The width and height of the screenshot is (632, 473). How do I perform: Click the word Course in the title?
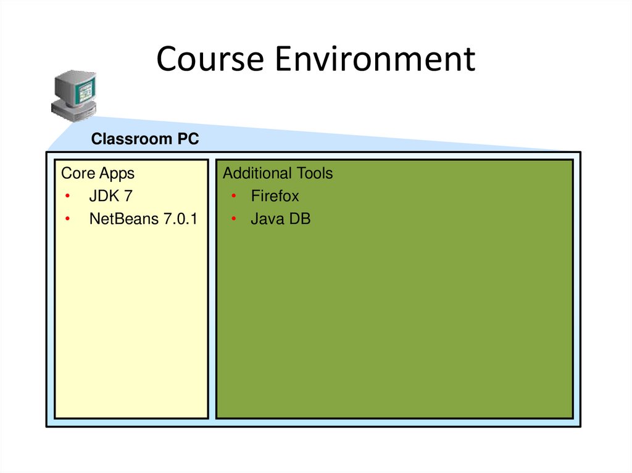coord(209,60)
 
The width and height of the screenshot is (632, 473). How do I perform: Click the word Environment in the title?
coord(375,60)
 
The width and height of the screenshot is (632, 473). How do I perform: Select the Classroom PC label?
coord(145,139)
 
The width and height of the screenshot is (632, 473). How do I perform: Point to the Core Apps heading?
coord(98,173)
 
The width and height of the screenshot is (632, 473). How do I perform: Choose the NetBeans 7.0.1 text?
coord(143,219)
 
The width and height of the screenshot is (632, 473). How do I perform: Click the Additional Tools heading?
coord(278,173)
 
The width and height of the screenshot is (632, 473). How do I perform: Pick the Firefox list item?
coord(275,196)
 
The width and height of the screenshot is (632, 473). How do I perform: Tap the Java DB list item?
coord(280,219)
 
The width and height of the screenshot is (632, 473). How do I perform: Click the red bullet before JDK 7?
coord(67,197)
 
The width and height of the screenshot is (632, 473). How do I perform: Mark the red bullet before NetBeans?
coord(67,220)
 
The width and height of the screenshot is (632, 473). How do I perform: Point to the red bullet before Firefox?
coord(234,197)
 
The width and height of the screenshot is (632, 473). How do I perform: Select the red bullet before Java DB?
coord(234,220)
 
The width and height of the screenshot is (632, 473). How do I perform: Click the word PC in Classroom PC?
coord(189,139)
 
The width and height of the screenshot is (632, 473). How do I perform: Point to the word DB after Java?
coord(300,219)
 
